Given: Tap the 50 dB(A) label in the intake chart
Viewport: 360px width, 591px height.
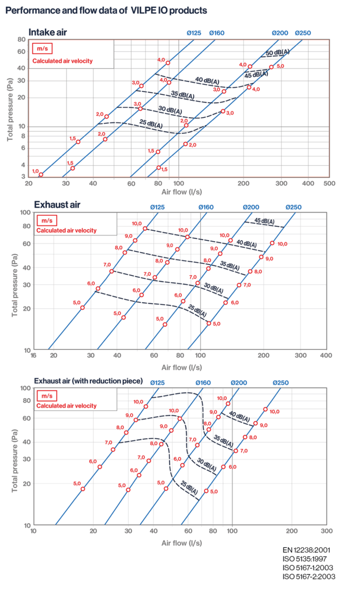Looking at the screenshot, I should tap(277, 53).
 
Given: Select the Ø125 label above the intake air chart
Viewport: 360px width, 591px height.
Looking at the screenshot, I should tap(194, 33).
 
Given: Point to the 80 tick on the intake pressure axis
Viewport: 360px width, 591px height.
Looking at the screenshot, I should tap(22, 39).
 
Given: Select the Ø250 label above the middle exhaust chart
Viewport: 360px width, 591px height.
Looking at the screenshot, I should tap(294, 207).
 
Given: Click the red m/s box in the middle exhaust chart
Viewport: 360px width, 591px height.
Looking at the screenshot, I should tap(45, 220).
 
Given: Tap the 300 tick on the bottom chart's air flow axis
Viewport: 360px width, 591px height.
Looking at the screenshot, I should tap(327, 530).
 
